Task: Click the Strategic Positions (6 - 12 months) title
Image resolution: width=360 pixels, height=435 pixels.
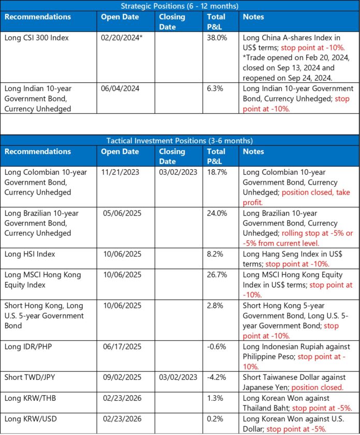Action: pyautogui.click(x=179, y=6)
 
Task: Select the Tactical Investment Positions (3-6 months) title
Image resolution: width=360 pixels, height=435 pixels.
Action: pyautogui.click(x=179, y=141)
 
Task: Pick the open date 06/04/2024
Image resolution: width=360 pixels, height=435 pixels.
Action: pyautogui.click(x=121, y=88)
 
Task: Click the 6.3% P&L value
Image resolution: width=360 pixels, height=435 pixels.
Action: pyautogui.click(x=214, y=88)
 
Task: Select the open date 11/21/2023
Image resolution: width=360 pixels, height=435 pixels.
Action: pyautogui.click(x=121, y=172)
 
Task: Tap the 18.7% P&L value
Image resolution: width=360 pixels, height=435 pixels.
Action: pyautogui.click(x=216, y=172)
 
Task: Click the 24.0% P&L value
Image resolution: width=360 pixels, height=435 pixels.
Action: pyautogui.click(x=217, y=213)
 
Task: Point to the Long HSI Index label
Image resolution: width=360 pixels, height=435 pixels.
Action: pyautogui.click(x=29, y=254)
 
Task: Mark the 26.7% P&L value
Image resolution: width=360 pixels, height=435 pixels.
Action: pyautogui.click(x=217, y=275)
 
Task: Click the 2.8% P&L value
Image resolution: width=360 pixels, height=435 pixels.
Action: pyautogui.click(x=214, y=306)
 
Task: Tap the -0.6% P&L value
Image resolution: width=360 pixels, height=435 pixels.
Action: pyautogui.click(x=216, y=347)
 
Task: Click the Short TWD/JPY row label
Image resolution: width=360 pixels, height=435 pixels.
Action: pyautogui.click(x=31, y=377)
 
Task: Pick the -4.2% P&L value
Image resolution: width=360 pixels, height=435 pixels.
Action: pyautogui.click(x=216, y=377)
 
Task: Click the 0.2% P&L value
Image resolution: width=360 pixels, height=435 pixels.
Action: pyautogui.click(x=214, y=418)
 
